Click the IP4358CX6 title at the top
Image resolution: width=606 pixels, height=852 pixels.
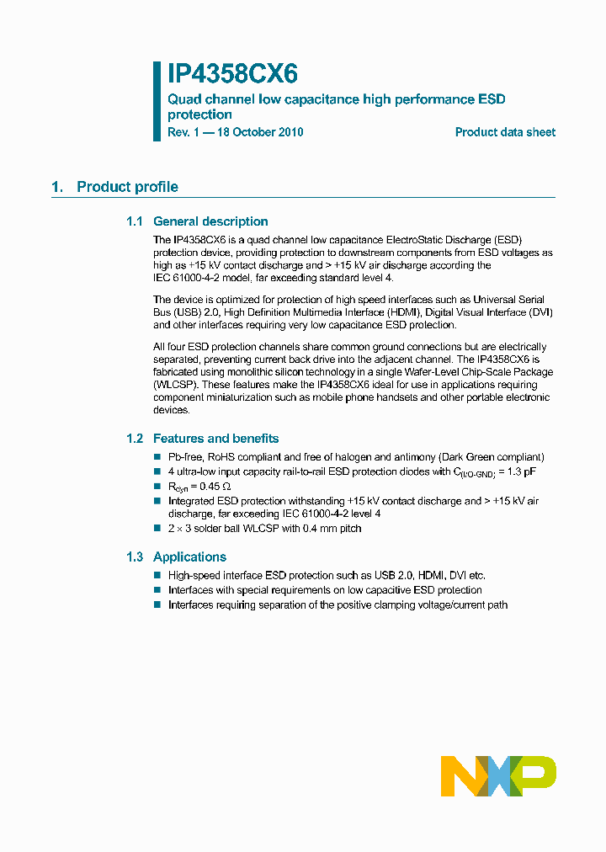(232, 74)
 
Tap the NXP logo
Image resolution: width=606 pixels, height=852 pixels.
(498, 775)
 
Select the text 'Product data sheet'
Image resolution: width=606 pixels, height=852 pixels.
(505, 132)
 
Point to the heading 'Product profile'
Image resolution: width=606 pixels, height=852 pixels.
(127, 187)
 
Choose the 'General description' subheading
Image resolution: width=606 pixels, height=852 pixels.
(210, 221)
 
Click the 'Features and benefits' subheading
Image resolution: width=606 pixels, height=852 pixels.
(215, 439)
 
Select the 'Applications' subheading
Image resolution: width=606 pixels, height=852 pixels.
(189, 556)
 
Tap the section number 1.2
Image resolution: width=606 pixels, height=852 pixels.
(135, 439)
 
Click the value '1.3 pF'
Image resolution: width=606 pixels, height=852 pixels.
(519, 471)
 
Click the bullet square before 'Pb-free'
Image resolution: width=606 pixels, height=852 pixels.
(157, 456)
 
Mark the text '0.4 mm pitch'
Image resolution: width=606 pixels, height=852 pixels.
(332, 528)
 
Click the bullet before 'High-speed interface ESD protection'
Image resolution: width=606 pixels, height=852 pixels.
(157, 575)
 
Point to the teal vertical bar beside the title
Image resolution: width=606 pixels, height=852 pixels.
(157, 100)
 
